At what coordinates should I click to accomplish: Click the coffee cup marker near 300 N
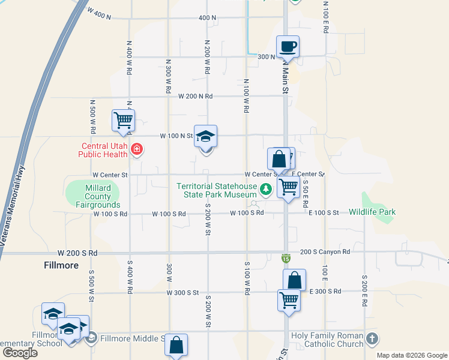coord(288,47)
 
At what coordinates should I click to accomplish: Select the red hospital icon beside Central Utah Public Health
coord(137,149)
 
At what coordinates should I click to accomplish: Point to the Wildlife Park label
coord(372,212)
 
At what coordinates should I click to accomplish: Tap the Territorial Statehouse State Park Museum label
coord(216,190)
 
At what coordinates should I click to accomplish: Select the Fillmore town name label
coord(61,265)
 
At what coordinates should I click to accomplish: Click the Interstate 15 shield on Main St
coord(286,258)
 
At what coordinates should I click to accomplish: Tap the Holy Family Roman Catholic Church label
coord(327,339)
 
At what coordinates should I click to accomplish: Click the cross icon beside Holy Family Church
coord(372,339)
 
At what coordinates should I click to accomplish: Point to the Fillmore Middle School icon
coord(91,339)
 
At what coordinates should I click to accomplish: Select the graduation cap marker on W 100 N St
coord(205,137)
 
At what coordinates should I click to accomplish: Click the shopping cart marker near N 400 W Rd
coord(123,119)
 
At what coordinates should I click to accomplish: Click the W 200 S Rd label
coord(77,253)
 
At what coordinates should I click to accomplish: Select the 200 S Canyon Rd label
coord(325,252)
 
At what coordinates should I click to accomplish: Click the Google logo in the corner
coord(20,352)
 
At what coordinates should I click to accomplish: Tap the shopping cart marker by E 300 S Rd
coord(289,300)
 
